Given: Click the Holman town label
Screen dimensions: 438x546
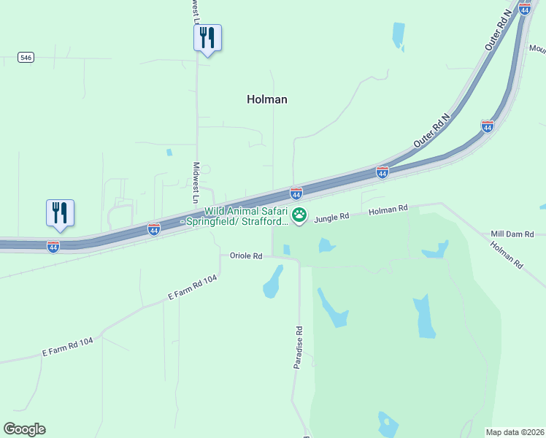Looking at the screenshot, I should (x=267, y=99).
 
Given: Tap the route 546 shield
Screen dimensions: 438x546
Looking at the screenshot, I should (x=26, y=57).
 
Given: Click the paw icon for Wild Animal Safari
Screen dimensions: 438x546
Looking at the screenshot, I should (x=299, y=215).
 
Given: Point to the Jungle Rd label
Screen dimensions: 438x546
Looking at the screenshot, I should (x=332, y=216).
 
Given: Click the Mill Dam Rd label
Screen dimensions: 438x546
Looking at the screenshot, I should (x=512, y=234).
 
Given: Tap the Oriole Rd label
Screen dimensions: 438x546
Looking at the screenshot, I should (x=245, y=255).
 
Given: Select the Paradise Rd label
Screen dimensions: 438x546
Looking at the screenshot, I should (x=299, y=348).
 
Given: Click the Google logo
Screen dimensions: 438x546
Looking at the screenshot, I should (x=24, y=429).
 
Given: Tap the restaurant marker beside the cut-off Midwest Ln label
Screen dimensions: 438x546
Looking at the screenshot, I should (x=207, y=37).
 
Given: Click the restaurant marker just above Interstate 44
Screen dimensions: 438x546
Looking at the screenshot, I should (x=60, y=212).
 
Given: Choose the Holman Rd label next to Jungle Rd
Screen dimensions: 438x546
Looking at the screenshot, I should (x=388, y=210).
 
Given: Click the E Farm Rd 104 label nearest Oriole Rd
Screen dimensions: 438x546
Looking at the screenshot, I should (x=193, y=289).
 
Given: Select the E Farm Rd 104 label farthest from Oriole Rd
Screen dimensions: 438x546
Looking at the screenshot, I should (x=68, y=347).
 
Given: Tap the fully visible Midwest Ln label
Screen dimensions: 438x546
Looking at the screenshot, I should (x=196, y=182).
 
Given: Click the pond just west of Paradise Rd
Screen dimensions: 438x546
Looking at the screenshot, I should (x=273, y=282).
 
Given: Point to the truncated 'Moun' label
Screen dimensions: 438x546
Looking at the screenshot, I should (x=537, y=49).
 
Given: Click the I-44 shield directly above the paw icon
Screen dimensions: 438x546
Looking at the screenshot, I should (x=296, y=193).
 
